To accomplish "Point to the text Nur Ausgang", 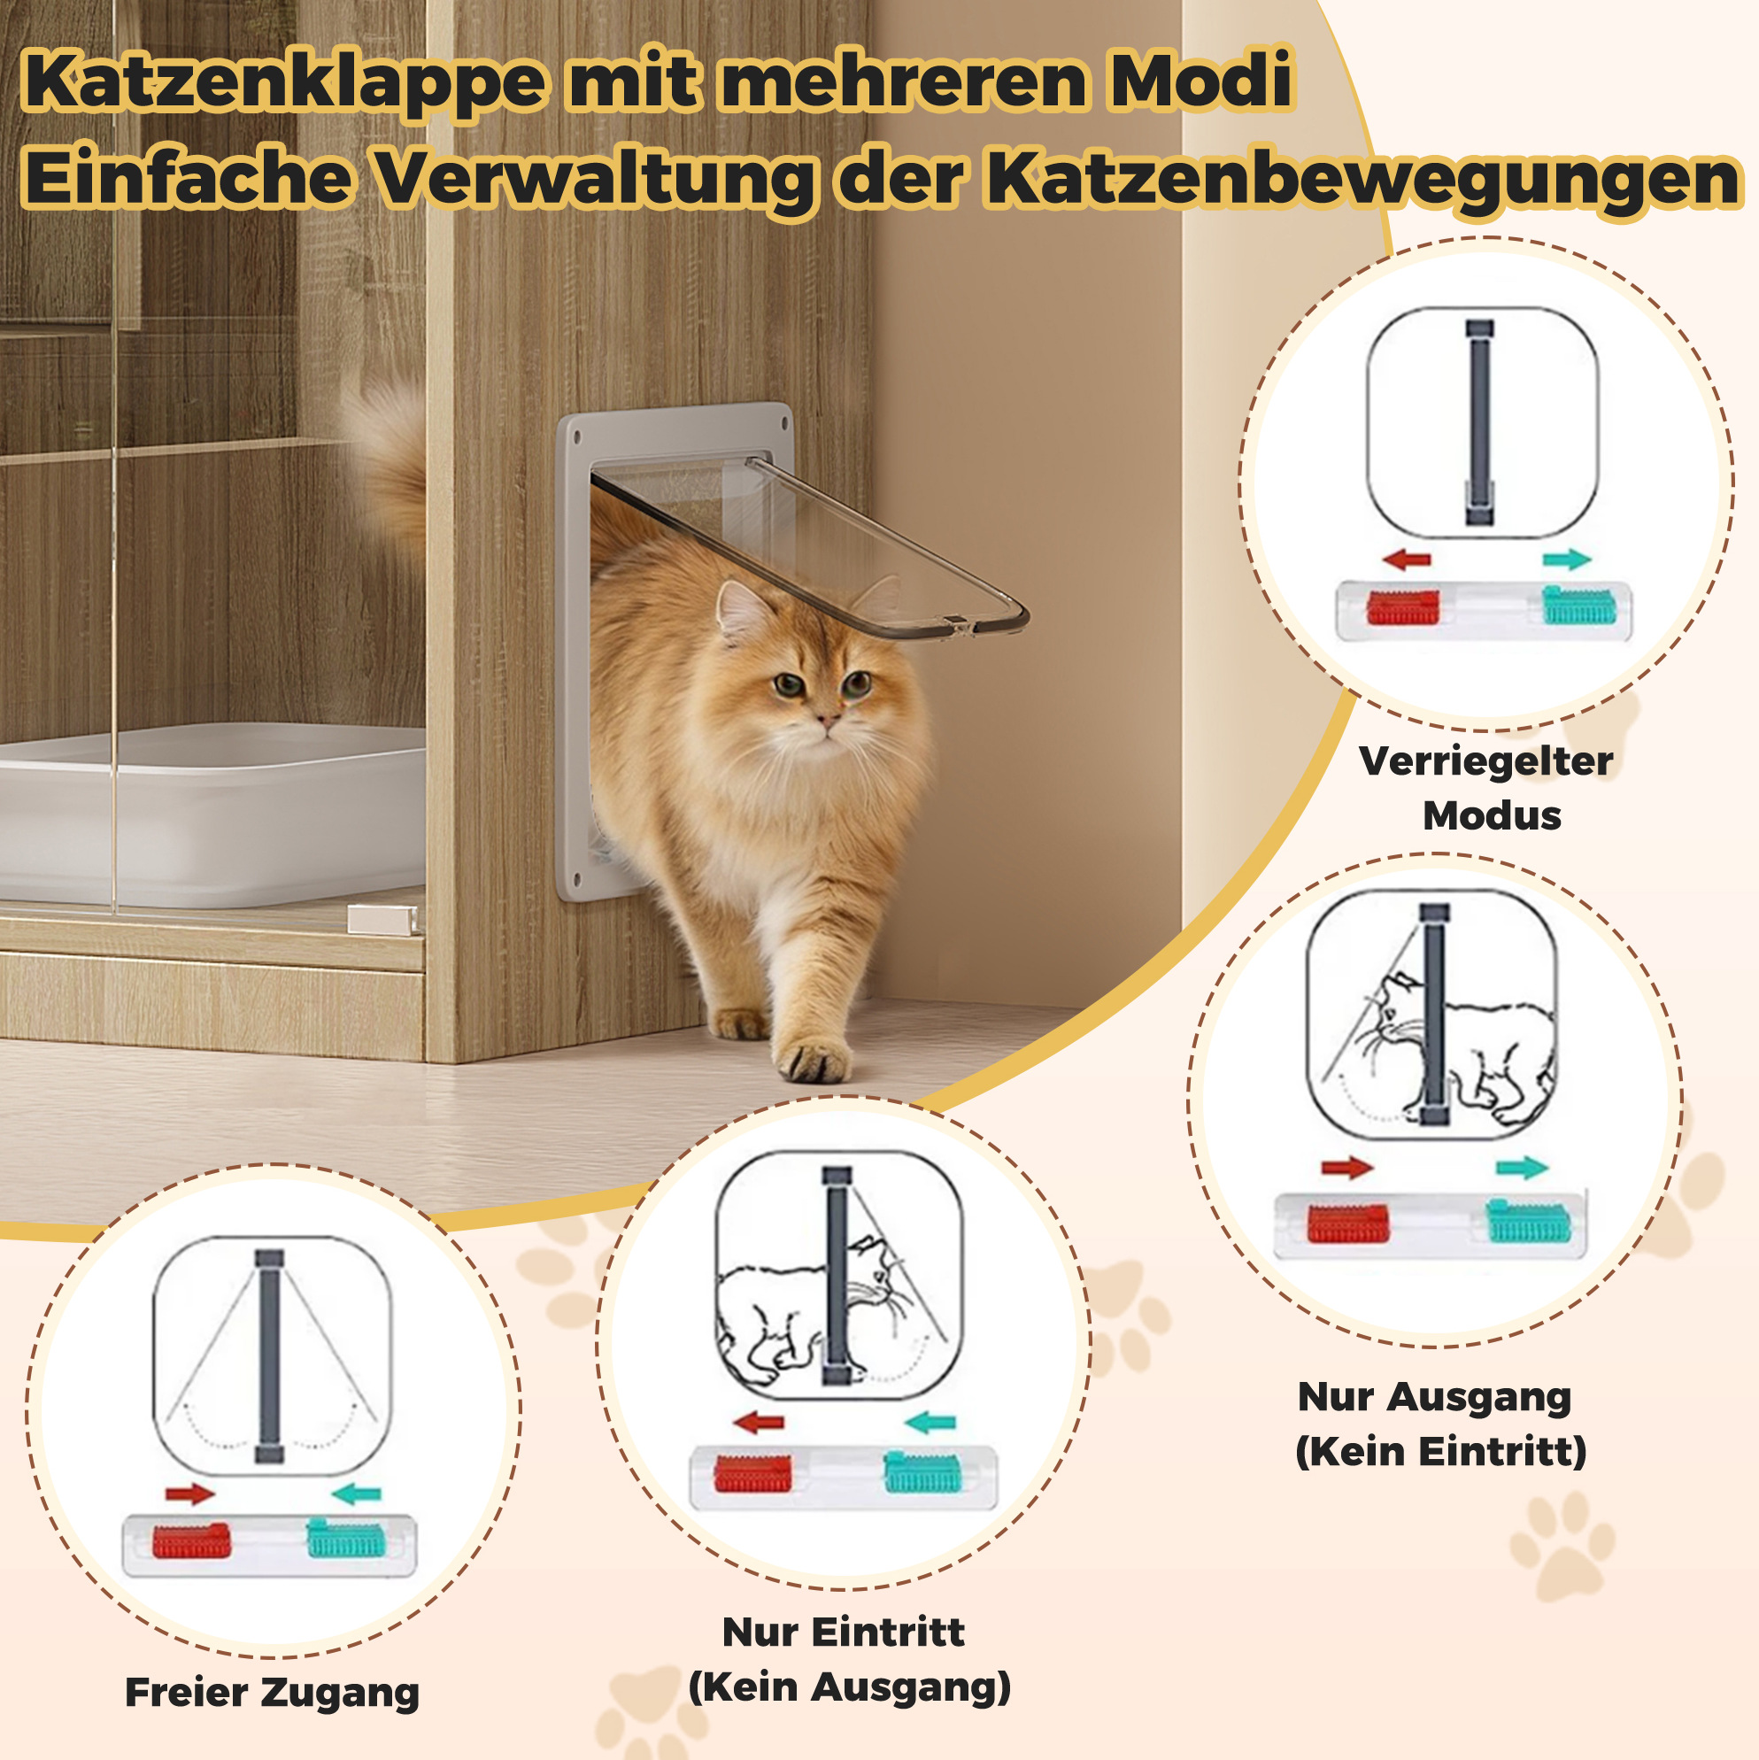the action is coord(1435,1397).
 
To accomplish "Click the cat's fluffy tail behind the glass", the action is coord(387,465).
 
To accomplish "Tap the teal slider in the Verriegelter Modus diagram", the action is coord(1578,606).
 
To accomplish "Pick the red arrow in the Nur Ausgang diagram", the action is coord(1346,1167).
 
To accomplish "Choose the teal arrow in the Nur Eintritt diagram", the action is coord(930,1422).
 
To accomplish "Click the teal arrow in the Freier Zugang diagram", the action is coord(356,1494).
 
